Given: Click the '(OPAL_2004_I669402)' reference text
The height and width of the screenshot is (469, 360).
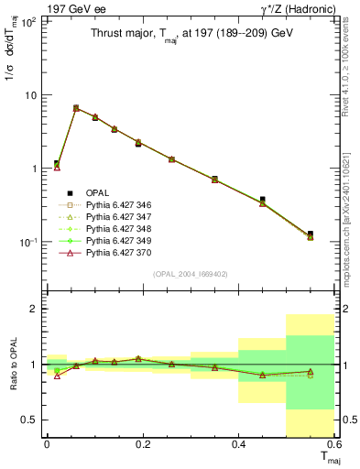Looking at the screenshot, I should [189, 273].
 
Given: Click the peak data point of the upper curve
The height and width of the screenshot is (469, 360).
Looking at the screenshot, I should [76, 108].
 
